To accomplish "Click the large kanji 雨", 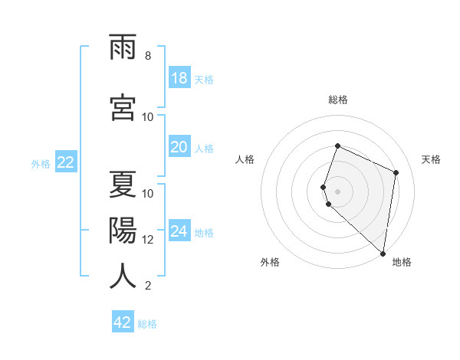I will point(123,48).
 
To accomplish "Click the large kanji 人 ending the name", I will point(123,277).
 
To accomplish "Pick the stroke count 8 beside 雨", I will point(148,57).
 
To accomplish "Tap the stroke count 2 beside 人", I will point(148,286).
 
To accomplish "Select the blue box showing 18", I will point(179,78).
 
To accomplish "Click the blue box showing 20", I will point(179,147).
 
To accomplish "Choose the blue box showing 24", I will point(179,231).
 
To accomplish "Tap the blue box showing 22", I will point(65,162).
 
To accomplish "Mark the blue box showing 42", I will point(123,322).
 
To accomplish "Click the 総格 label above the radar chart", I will point(337,100).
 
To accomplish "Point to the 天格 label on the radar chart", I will point(432,159).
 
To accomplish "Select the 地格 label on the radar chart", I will point(402,262).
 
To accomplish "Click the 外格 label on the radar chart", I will point(270,262).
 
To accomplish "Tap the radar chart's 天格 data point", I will point(396,172).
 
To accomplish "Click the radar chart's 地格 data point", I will point(383,254).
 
